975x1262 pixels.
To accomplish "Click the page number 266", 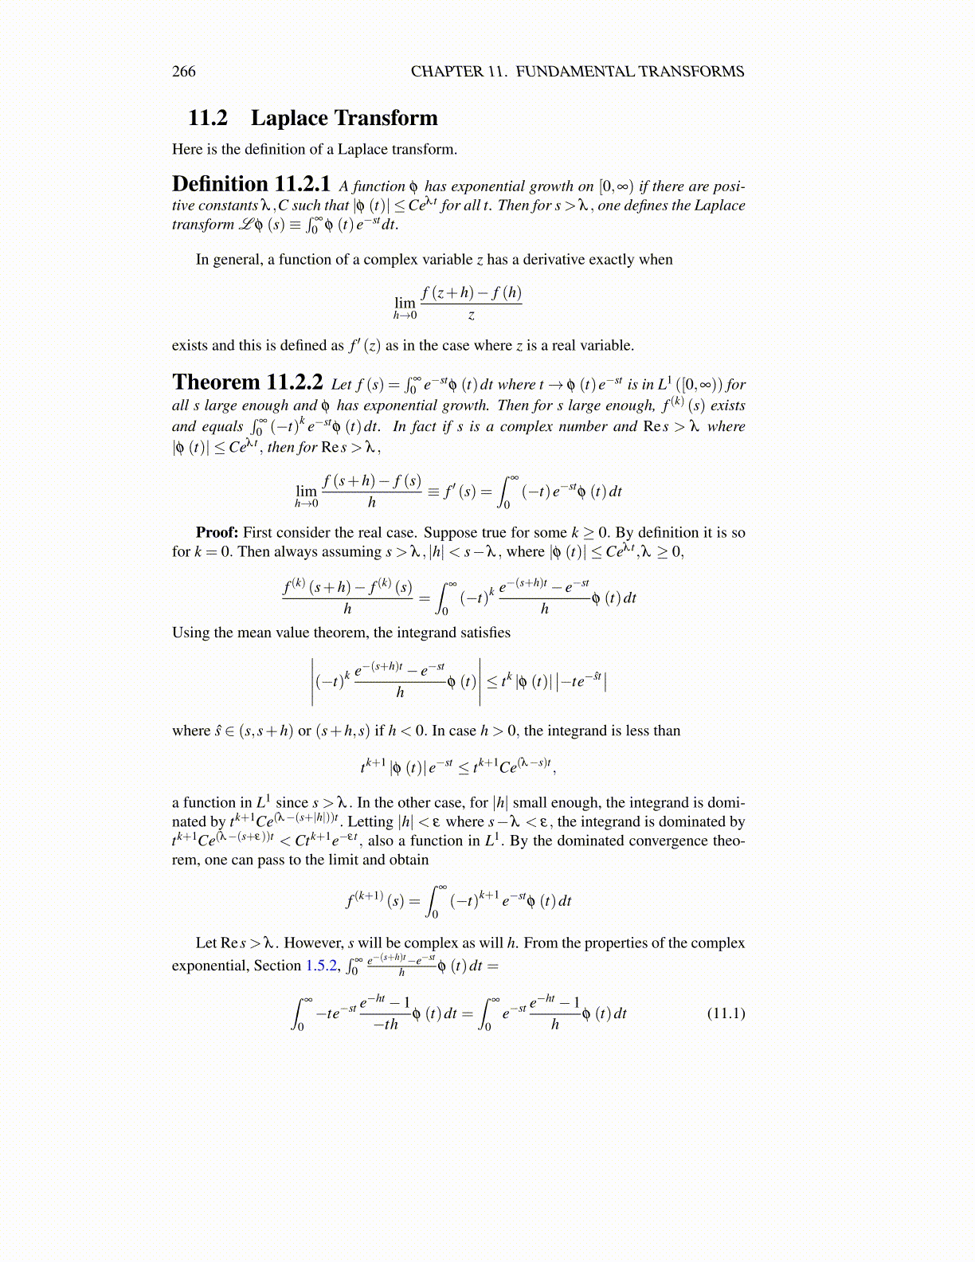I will coord(183,72).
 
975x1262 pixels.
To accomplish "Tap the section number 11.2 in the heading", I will coord(207,119).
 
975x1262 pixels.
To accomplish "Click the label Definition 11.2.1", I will coord(251,185).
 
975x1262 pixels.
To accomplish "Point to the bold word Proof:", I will coord(217,532).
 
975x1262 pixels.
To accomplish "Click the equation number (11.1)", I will coord(726,1013).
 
